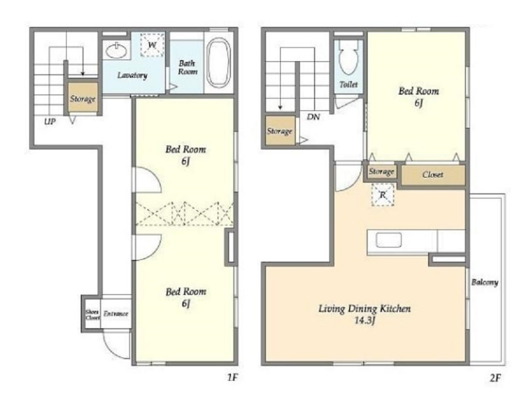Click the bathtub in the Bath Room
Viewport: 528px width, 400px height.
click(x=219, y=63)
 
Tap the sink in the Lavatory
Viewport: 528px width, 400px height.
click(x=116, y=51)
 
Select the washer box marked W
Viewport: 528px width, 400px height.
click(x=152, y=45)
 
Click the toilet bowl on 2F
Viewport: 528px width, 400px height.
click(x=349, y=57)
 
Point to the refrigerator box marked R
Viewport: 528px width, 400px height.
click(x=383, y=194)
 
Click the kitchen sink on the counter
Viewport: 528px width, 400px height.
click(x=389, y=240)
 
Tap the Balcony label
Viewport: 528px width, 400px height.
click(x=485, y=282)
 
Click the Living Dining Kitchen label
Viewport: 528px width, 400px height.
click(x=365, y=308)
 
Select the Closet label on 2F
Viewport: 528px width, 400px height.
click(x=433, y=175)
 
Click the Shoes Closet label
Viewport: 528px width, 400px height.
click(x=92, y=315)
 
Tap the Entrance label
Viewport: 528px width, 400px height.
click(x=116, y=314)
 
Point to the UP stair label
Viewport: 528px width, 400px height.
click(x=50, y=121)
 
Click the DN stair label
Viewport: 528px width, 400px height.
click(x=313, y=117)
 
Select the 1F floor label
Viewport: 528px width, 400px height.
click(x=232, y=377)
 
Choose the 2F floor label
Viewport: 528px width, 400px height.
click(x=495, y=378)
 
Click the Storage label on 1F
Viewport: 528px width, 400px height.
click(x=82, y=99)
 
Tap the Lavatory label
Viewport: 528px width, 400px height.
click(x=132, y=75)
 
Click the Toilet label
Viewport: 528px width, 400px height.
click(x=348, y=85)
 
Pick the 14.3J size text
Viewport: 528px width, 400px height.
click(x=365, y=321)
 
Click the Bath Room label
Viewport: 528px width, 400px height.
click(x=188, y=67)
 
